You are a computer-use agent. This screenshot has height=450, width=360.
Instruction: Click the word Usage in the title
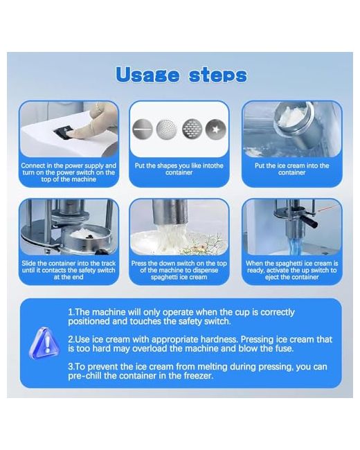148,75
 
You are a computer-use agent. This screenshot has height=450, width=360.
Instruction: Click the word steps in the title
218,75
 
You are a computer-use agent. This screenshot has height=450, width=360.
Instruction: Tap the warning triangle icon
44,343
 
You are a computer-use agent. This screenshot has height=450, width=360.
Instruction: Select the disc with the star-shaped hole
215,129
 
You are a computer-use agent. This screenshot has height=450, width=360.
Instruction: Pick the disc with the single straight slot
143,129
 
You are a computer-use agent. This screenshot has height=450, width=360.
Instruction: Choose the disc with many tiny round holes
167,129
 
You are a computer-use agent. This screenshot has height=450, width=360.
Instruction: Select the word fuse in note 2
283,348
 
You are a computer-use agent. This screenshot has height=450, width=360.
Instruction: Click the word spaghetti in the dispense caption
164,277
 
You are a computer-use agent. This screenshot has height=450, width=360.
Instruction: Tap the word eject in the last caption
272,277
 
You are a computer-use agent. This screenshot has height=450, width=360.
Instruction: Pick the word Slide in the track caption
29,263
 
